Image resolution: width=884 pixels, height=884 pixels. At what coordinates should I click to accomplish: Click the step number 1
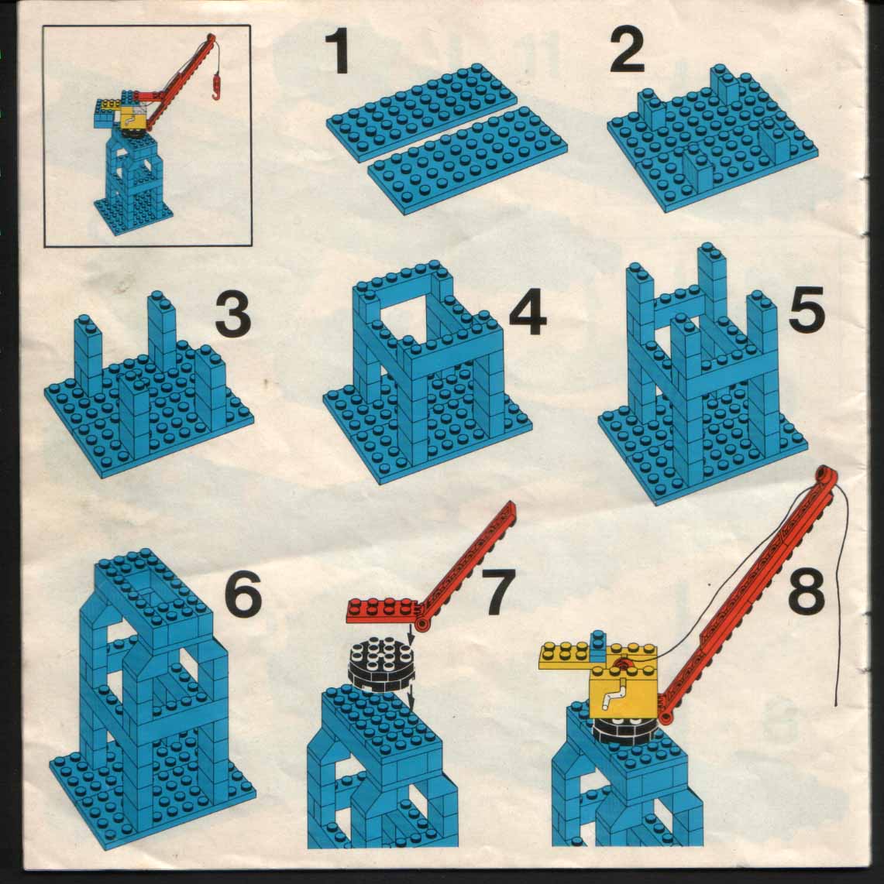(x=337, y=52)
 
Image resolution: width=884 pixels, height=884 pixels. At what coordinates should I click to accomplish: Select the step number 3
(x=233, y=314)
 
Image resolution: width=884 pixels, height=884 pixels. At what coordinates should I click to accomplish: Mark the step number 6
(x=244, y=593)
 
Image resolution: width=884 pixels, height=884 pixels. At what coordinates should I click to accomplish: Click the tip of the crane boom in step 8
(x=825, y=472)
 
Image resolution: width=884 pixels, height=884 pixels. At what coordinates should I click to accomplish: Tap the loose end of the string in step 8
(x=836, y=704)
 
